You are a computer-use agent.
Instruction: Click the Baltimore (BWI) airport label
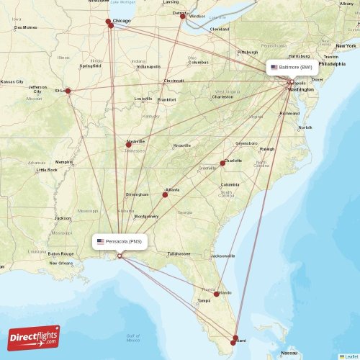291,67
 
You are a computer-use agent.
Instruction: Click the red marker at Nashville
129,145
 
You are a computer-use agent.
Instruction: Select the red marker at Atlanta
166,194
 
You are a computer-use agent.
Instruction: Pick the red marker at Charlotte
222,163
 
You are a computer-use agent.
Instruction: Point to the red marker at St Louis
68,91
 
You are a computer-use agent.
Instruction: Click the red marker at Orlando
217,294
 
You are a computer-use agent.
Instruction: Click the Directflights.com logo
34,337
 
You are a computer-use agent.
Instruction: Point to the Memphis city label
64,162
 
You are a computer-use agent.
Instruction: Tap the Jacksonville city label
222,256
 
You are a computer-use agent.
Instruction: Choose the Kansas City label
12,81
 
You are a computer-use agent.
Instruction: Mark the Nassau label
289,354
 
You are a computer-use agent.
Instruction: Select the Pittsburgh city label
248,52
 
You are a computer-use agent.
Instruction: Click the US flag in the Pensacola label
101,242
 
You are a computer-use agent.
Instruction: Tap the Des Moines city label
25,27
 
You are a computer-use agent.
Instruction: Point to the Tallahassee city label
178,254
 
